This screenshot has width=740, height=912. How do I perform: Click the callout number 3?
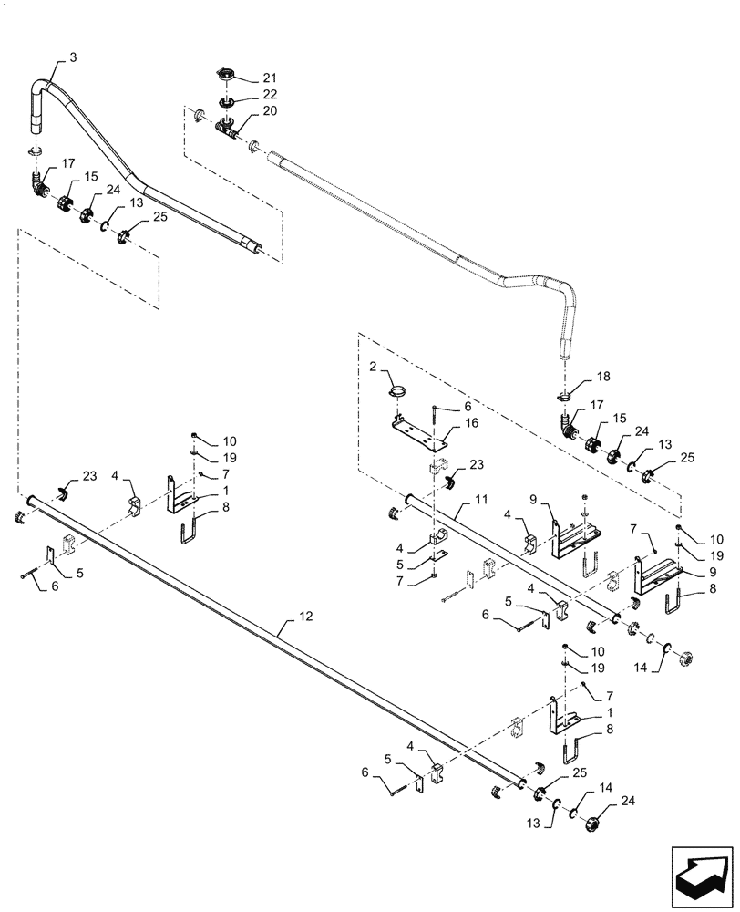73,57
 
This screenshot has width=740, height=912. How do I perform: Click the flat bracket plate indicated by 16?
418,430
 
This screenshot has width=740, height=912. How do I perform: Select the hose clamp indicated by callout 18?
564,395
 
